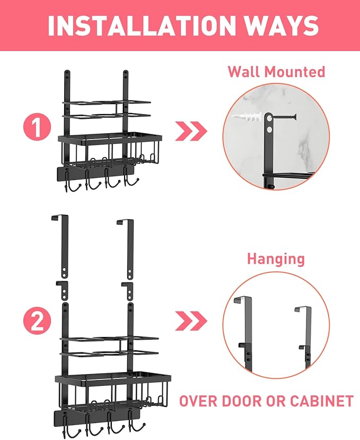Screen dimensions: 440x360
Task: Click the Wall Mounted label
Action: [x=276, y=72]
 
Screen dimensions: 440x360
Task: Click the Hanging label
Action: [x=276, y=259]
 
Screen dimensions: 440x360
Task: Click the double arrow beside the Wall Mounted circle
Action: [x=191, y=131]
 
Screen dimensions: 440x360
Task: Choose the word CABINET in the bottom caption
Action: [x=321, y=401]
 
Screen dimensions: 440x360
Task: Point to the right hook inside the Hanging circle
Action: [x=304, y=334]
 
